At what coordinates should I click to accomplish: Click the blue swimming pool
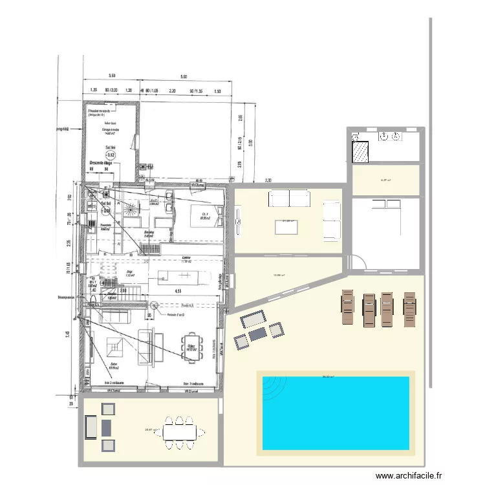pos(336,413)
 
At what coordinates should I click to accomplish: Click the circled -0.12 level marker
pos(111,155)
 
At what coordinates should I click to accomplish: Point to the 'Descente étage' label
pos(101,163)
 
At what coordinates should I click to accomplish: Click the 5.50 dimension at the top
pos(111,76)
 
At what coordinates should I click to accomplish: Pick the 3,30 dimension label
pos(268,180)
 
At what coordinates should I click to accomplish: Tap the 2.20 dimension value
pos(173,91)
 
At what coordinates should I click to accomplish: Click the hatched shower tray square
pos(360,152)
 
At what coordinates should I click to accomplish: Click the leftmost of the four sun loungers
pos(348,308)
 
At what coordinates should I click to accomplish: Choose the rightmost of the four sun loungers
pos(410,308)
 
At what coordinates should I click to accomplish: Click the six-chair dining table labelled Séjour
pos(192,347)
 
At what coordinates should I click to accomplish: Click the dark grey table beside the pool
pos(258,334)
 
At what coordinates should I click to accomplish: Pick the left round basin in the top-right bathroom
pos(383,136)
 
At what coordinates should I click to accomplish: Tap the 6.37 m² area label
pos(385,180)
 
